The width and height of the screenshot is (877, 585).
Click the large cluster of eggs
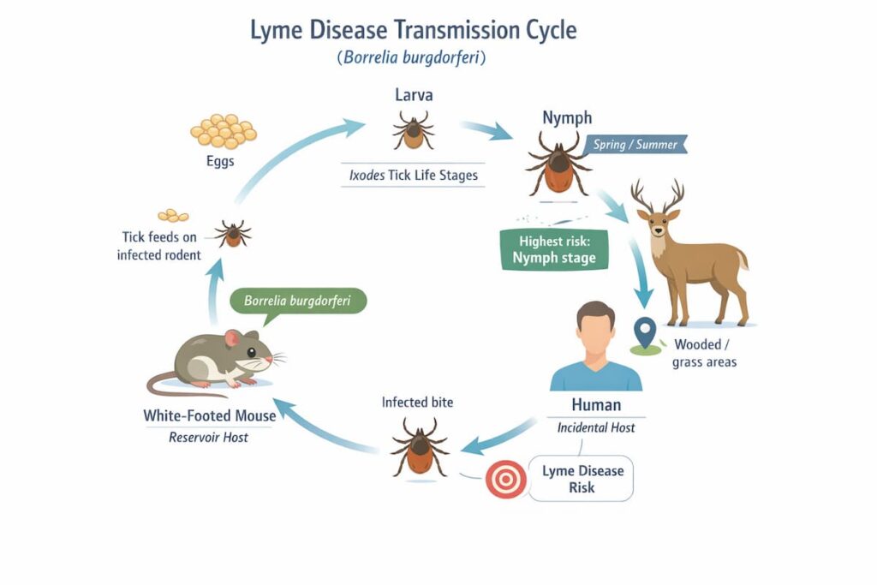(x=224, y=131)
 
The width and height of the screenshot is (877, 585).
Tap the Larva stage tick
(x=413, y=130)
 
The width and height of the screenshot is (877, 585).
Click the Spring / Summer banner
(x=636, y=144)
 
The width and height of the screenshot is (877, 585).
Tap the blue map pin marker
(x=644, y=332)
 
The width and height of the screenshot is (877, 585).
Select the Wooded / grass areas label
(x=705, y=354)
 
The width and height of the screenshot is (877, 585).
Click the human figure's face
(x=595, y=333)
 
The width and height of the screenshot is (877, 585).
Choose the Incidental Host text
(x=596, y=427)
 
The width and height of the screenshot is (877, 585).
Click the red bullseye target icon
(x=505, y=479)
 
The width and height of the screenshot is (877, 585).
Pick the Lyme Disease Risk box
(x=582, y=479)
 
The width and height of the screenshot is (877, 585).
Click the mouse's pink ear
(x=232, y=338)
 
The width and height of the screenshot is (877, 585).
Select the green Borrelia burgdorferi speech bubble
(x=298, y=301)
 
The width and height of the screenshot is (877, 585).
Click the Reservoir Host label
(x=209, y=437)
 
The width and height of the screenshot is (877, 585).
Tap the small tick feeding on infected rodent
(x=232, y=232)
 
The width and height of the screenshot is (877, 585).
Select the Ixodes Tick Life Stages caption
(x=413, y=176)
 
